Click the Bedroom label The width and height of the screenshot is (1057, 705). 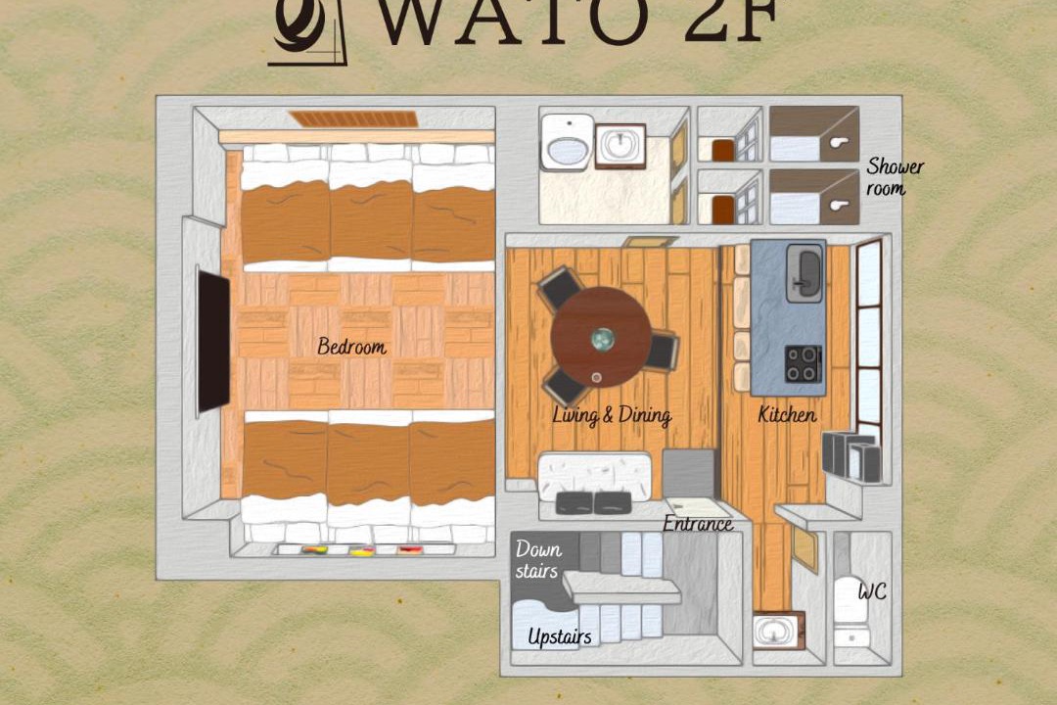pos(352,346)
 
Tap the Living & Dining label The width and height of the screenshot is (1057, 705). pos(612,415)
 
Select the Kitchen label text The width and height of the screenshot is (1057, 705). pos(787,413)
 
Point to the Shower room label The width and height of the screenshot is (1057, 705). pos(895,176)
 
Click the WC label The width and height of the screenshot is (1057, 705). pos(872,591)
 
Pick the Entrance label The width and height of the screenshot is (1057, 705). pos(698,523)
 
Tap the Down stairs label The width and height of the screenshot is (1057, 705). pos(538,559)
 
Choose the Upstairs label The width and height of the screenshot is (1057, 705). pos(560,636)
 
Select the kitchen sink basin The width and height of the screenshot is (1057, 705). pos(804,270)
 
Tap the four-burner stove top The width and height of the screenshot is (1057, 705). pos(804,363)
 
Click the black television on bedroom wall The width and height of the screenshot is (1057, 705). pos(213,341)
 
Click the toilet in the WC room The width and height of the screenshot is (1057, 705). pos(850,611)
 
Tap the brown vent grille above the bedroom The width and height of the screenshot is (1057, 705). pos(354,119)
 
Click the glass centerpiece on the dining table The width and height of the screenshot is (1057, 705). pos(602,339)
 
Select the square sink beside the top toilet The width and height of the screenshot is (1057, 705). pos(620,146)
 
